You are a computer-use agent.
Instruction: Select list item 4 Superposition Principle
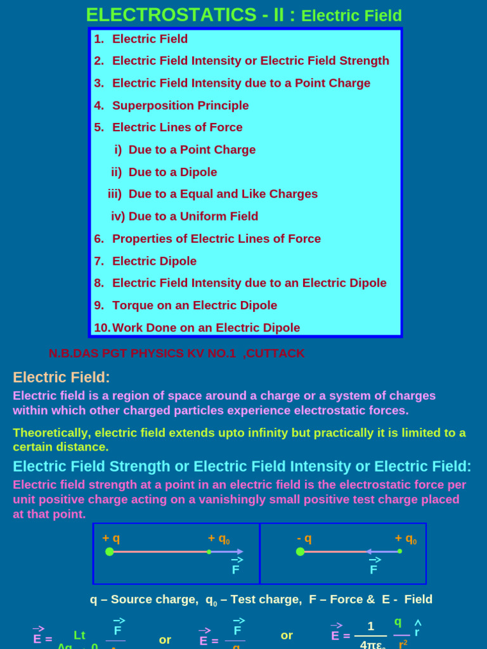pyautogui.click(x=180, y=105)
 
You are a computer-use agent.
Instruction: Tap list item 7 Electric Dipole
pyautogui.click(x=154, y=260)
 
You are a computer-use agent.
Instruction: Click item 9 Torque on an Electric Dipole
pyautogui.click(x=194, y=305)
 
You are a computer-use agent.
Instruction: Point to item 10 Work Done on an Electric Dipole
pyautogui.click(x=205, y=328)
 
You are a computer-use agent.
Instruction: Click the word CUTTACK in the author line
pyautogui.click(x=274, y=353)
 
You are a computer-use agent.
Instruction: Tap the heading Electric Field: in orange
pyautogui.click(x=62, y=377)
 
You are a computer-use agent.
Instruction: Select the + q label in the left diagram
pyautogui.click(x=111, y=538)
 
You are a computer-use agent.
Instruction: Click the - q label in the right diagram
pyautogui.click(x=304, y=538)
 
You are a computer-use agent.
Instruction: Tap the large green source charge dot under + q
pyautogui.click(x=110, y=551)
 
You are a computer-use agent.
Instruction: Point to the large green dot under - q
pyautogui.click(x=301, y=551)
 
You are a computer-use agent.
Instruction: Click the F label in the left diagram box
pyautogui.click(x=235, y=569)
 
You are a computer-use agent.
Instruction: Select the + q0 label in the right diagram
pyautogui.click(x=406, y=539)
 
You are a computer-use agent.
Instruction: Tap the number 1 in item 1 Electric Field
pyautogui.click(x=98, y=39)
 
